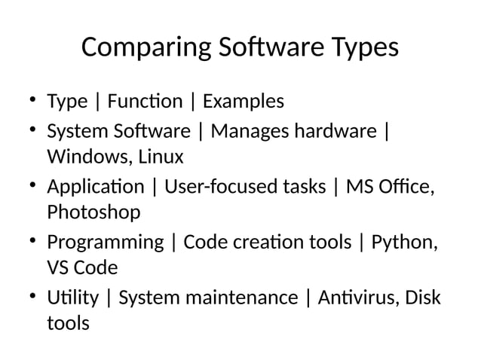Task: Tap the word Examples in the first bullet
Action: click(x=244, y=101)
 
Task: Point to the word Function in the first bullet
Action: click(x=146, y=101)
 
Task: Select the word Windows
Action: click(x=84, y=157)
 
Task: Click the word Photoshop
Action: click(x=93, y=212)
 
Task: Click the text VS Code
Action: click(x=82, y=268)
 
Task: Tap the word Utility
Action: click(x=72, y=297)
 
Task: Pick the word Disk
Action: click(x=423, y=297)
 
